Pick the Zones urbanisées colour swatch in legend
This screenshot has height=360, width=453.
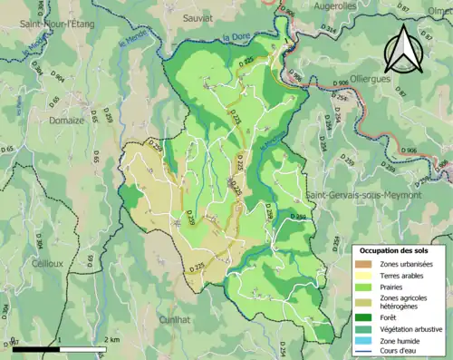point(366,262)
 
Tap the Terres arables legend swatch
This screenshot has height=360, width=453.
point(366,275)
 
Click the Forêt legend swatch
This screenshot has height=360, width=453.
point(366,317)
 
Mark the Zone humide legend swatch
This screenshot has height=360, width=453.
point(366,341)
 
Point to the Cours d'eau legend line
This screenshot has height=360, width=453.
point(366,353)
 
